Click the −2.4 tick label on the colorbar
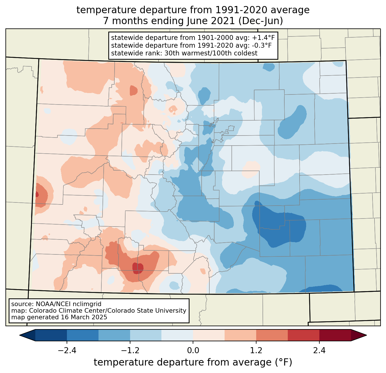pos(67,351)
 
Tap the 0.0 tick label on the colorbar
pos(193,351)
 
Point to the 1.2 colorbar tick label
pos(256,351)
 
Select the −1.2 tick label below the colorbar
pos(130,351)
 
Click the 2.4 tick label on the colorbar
pos(319,351)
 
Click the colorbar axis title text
pos(193,362)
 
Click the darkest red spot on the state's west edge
pos(37,194)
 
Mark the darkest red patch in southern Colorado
pos(138,268)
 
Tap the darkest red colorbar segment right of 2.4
pos(335,335)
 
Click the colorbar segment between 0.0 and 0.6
pos(209,335)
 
